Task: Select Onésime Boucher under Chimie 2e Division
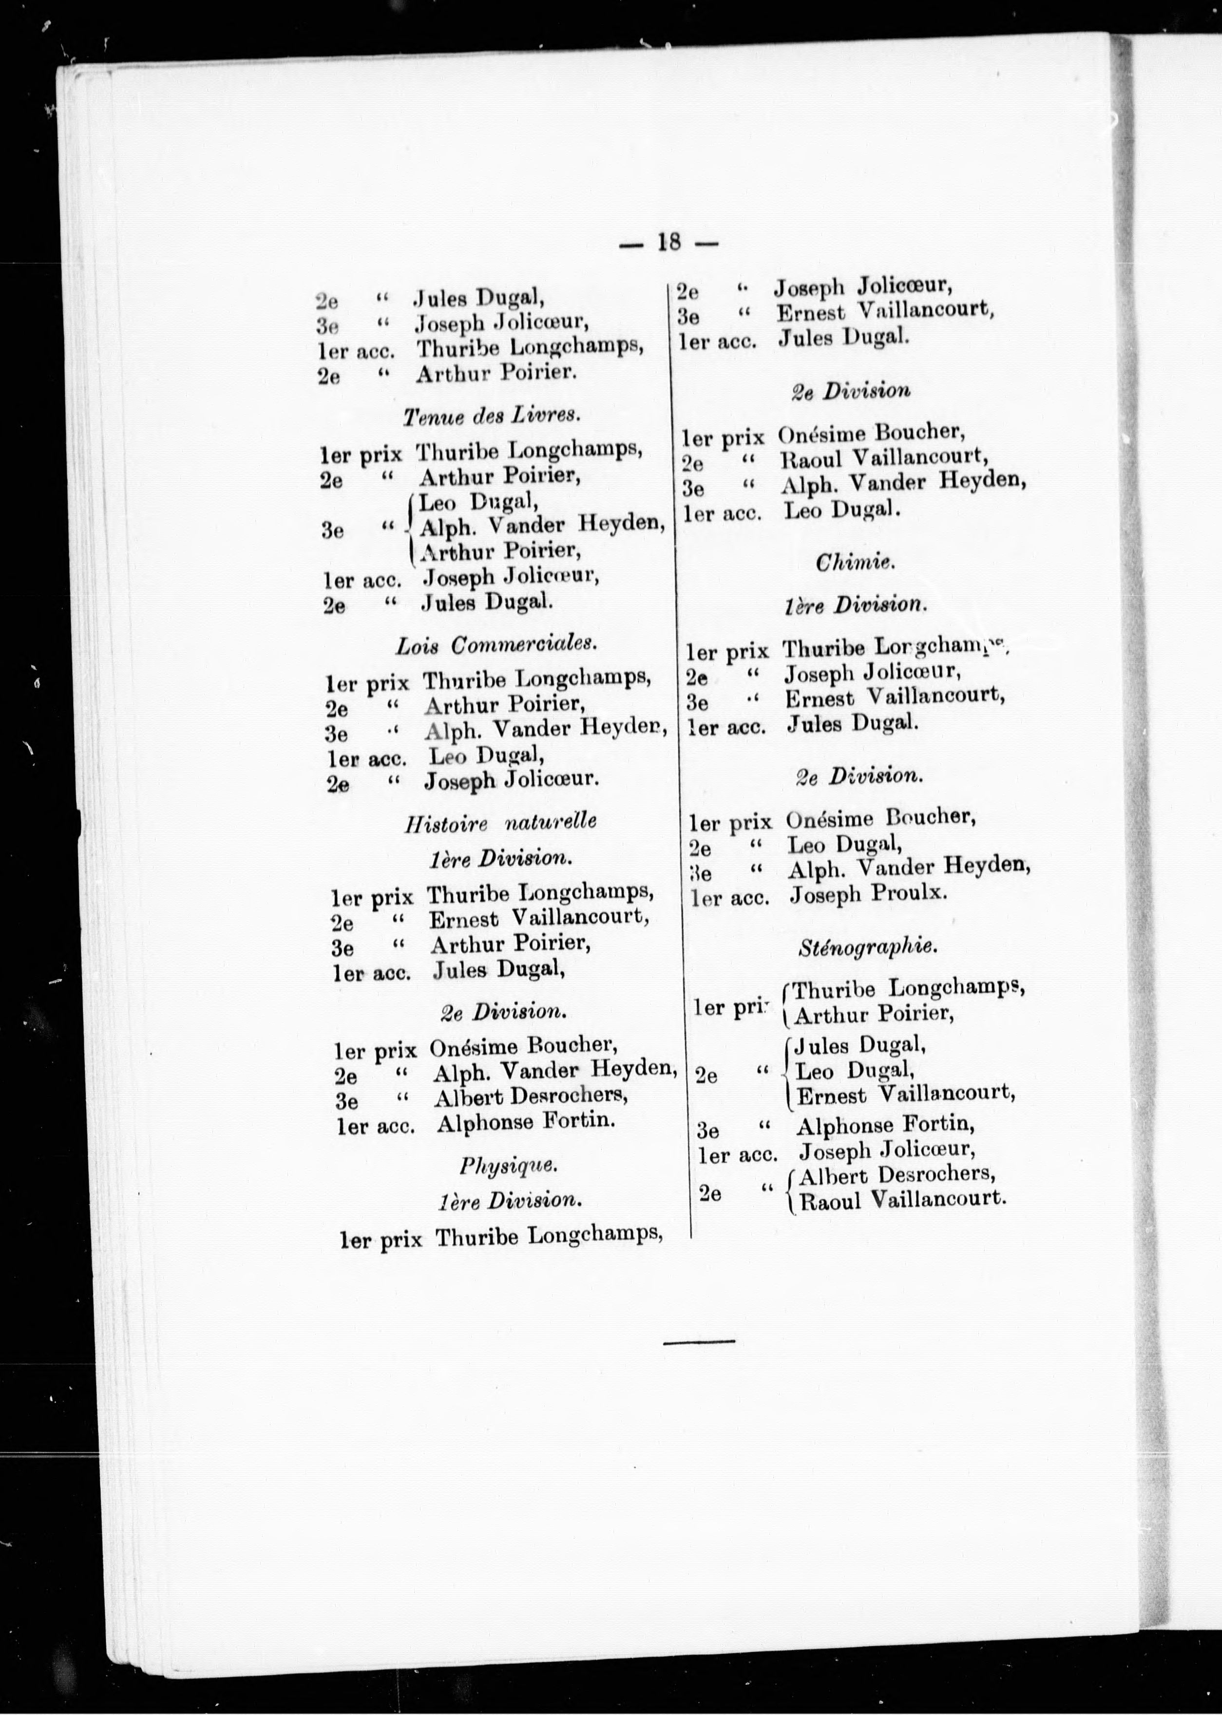pyautogui.click(x=880, y=819)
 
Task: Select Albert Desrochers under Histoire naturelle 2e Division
pyautogui.click(x=531, y=1097)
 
